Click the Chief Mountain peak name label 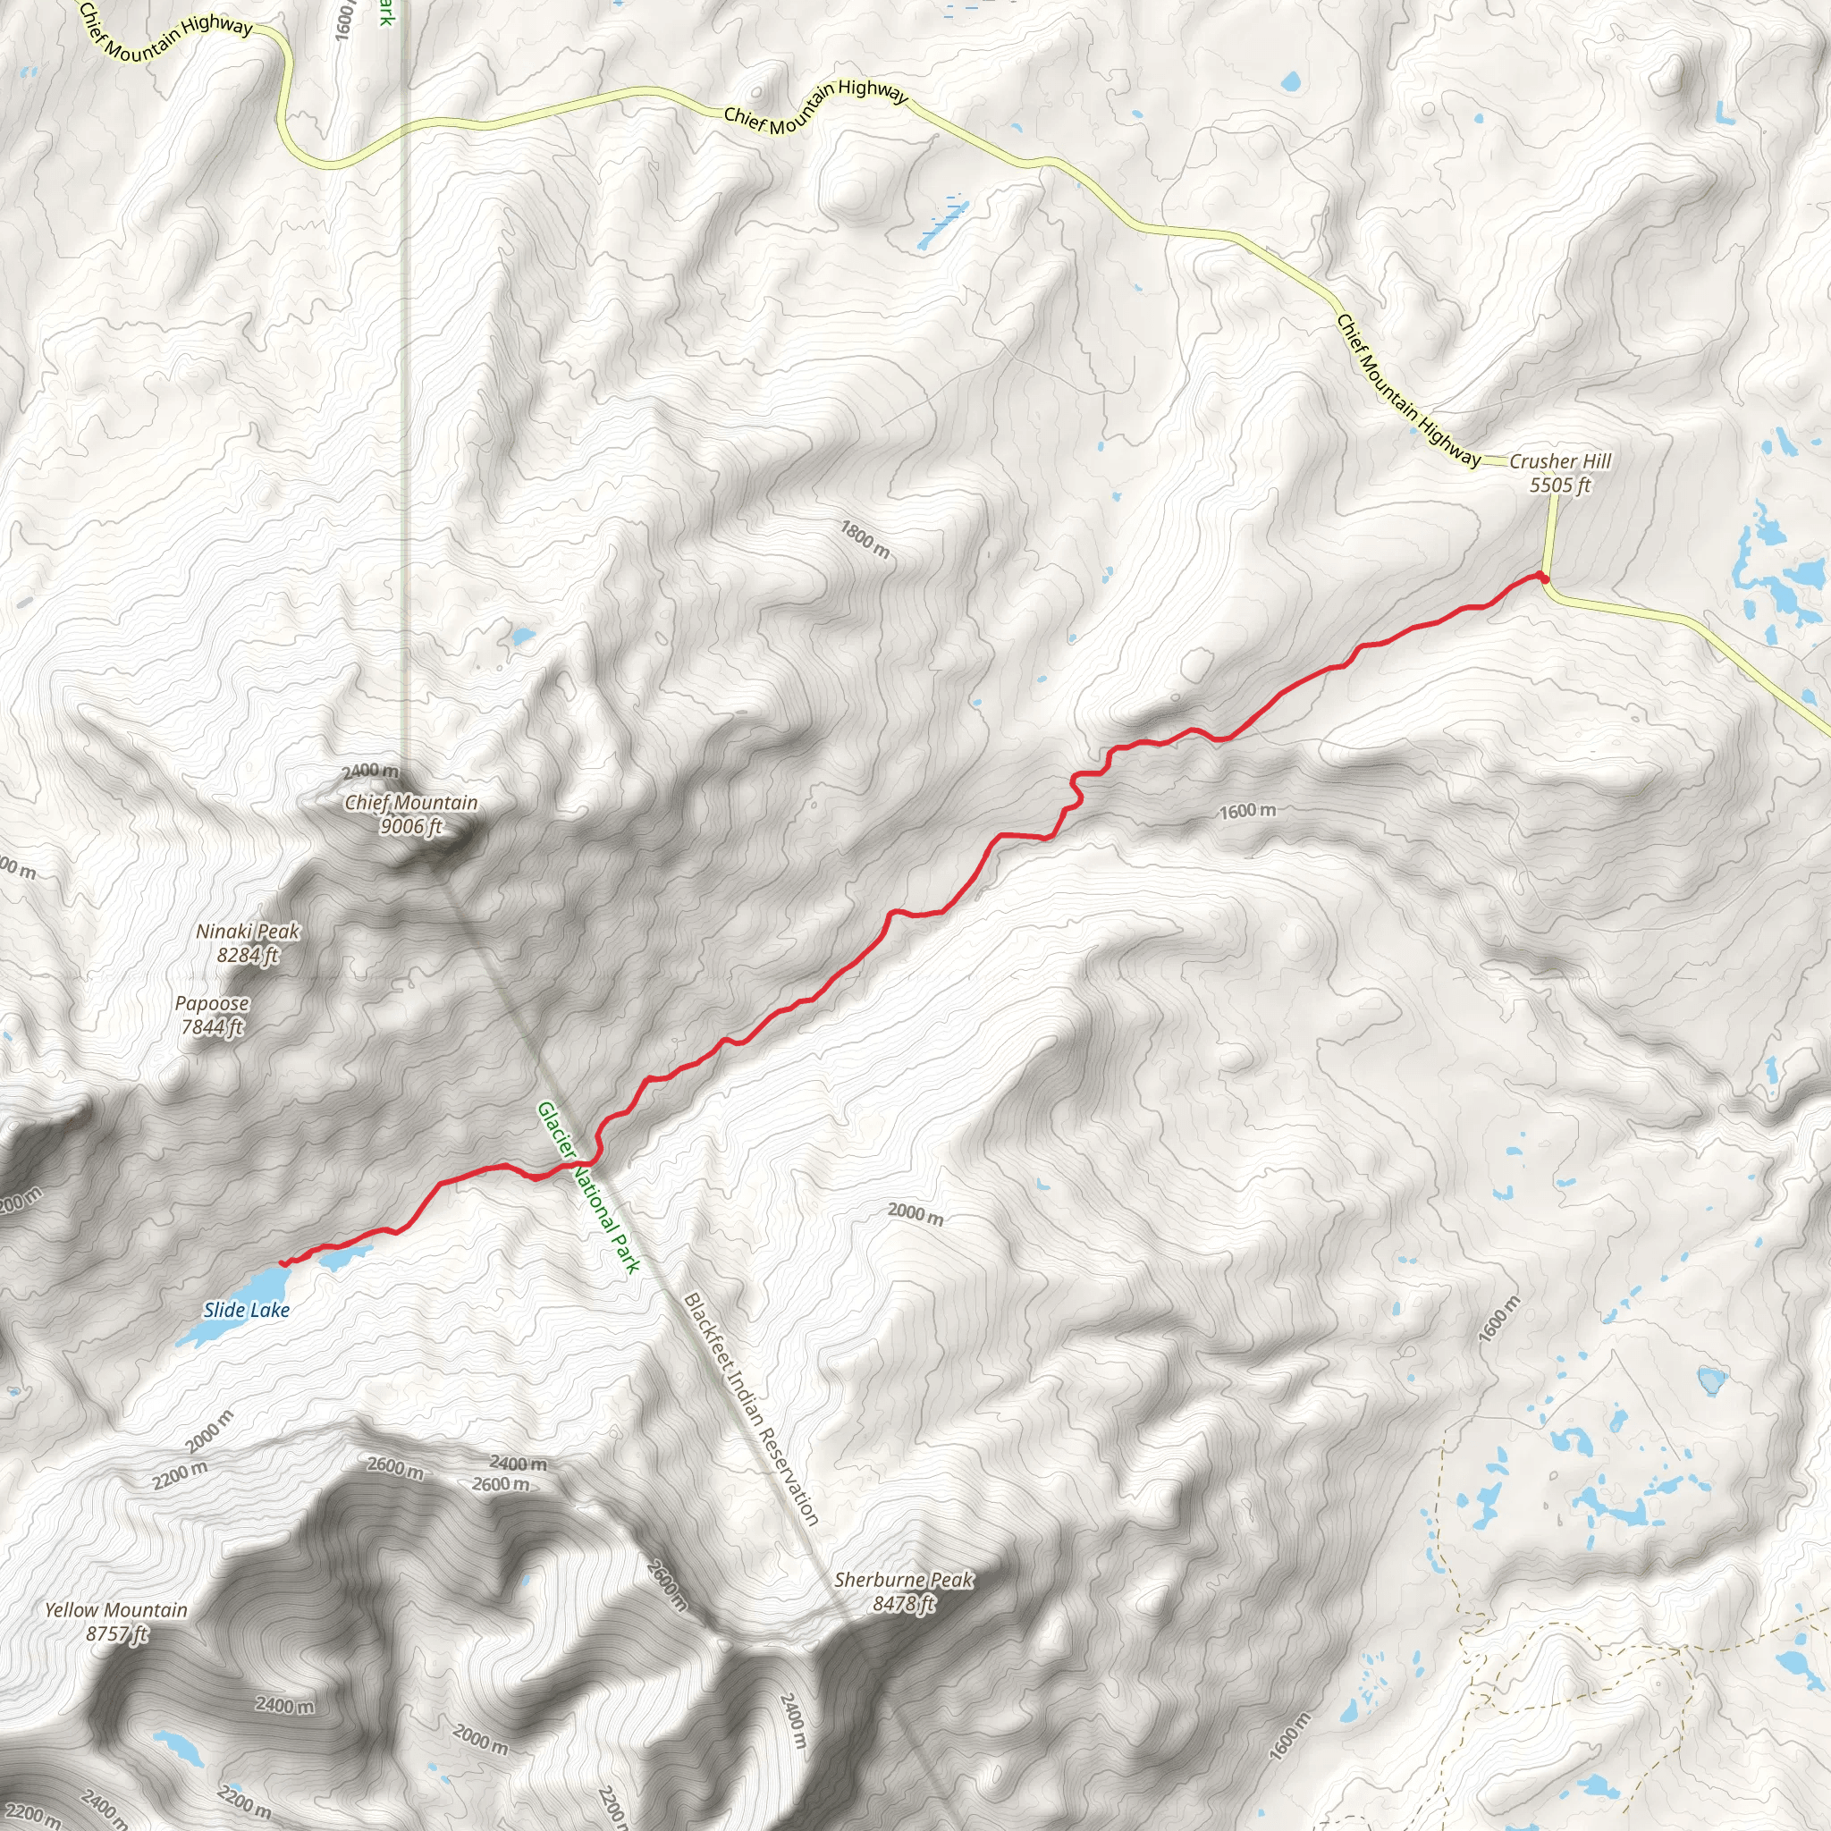(x=410, y=803)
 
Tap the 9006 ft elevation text (x=410, y=826)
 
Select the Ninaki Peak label (x=248, y=932)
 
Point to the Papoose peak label (x=212, y=1003)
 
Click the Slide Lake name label (x=247, y=1310)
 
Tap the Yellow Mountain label (x=116, y=1609)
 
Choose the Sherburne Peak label (x=903, y=1580)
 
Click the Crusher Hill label (x=1560, y=461)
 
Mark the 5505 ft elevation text (x=1560, y=485)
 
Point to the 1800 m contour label (x=865, y=539)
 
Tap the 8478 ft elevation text (x=903, y=1604)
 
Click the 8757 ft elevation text (x=116, y=1633)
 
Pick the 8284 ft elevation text (x=248, y=956)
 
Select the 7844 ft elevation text (x=212, y=1026)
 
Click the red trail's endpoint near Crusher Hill (x=1543, y=578)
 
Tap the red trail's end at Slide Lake (x=283, y=1263)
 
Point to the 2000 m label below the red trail (x=915, y=1213)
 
